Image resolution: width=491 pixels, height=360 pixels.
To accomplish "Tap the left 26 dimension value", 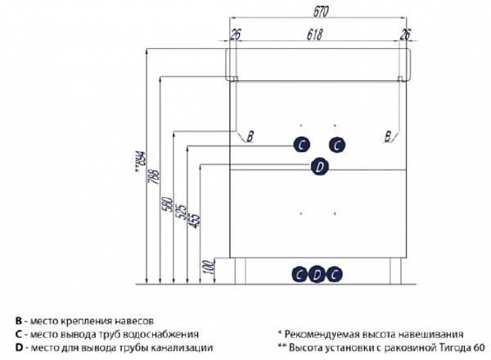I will point(236,34).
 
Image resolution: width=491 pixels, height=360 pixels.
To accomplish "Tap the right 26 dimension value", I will point(403,34).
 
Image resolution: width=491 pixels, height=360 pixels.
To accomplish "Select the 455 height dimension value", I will point(195,219).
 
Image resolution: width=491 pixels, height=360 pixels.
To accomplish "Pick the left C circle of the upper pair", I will point(302,145).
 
